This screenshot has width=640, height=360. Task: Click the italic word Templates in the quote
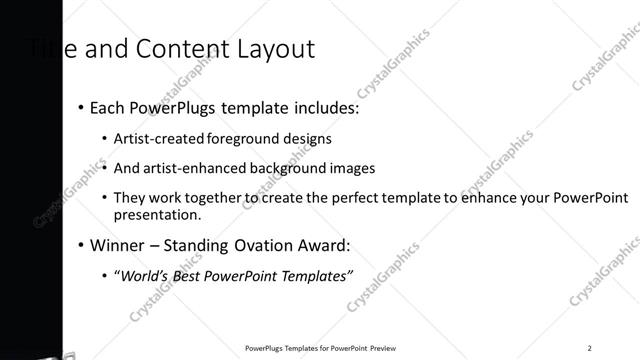pyautogui.click(x=317, y=276)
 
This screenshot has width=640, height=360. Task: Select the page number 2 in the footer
pyautogui.click(x=590, y=348)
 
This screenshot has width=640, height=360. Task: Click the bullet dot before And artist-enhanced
pyautogui.click(x=104, y=168)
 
